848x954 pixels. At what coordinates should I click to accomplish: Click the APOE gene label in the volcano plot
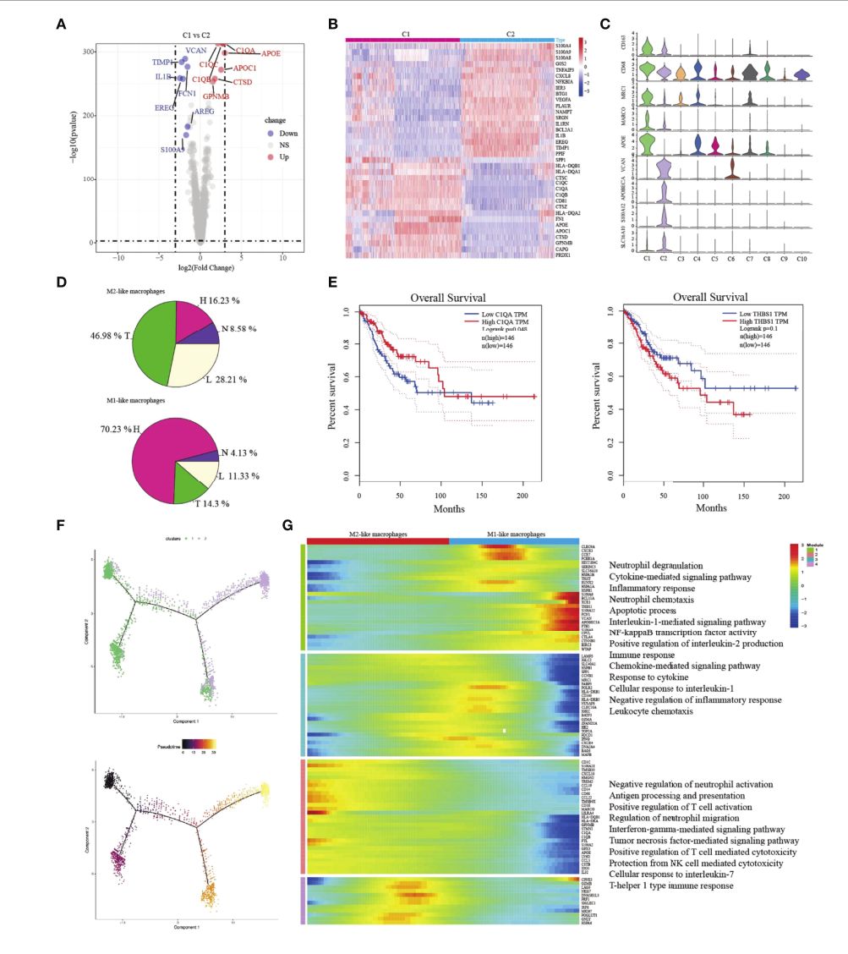tap(271, 53)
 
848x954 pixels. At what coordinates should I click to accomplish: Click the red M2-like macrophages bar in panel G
tap(377, 540)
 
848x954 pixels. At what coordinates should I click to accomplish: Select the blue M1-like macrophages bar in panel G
tap(513, 540)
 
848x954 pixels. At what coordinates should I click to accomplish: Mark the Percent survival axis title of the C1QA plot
tap(333, 397)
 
